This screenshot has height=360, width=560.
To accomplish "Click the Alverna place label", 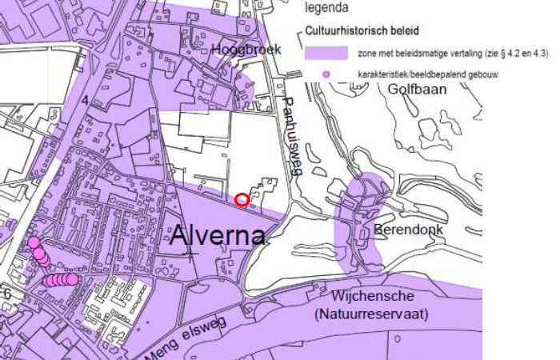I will tap(218, 237).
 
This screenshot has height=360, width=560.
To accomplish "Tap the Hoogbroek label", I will tap(247, 50).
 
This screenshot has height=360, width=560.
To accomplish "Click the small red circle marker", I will tap(242, 198).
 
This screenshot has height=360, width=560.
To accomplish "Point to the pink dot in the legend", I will tap(325, 74).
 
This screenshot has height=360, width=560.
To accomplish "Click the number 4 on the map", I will tap(85, 100).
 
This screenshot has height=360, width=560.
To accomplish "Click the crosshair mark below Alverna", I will tap(190, 255).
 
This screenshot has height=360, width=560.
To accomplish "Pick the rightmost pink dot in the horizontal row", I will tap(72, 279).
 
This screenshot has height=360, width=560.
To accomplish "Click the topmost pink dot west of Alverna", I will tap(34, 242).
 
